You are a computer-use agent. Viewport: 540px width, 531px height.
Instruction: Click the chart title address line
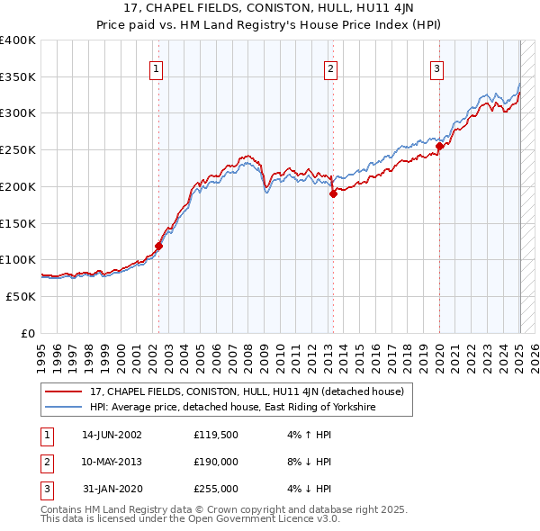pos(269,10)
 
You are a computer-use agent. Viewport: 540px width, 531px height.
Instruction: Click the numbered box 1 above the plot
pos(157,68)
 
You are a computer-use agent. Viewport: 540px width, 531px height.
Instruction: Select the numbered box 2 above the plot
pos(330,68)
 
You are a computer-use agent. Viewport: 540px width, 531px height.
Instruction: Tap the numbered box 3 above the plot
pos(436,68)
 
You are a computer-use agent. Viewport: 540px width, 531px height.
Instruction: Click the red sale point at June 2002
pos(158,245)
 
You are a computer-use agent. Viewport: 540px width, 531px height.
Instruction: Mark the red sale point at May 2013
pos(332,193)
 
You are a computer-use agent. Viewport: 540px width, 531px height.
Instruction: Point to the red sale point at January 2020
pos(439,146)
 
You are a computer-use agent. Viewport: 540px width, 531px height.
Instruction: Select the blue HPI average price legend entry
pos(232,408)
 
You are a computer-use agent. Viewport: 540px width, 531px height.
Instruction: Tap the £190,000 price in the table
pos(215,462)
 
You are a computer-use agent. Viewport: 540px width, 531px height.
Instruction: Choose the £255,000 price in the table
pos(215,489)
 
